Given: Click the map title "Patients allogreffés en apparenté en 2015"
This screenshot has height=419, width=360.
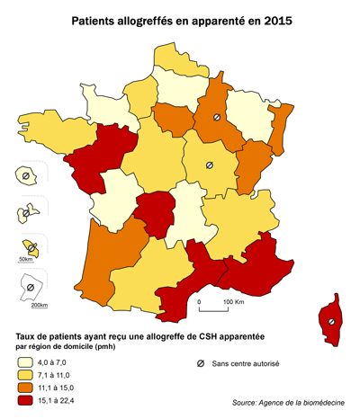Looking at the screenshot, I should [180, 17].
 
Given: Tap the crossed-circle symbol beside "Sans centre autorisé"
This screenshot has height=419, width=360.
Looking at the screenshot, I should [200, 364].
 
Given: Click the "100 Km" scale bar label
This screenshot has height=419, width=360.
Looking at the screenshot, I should [234, 302].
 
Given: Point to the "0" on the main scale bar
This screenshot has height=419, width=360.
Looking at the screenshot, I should [199, 302].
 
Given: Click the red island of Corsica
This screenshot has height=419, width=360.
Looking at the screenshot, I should [332, 320].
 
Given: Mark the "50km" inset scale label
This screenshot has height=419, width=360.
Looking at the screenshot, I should [24, 260].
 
